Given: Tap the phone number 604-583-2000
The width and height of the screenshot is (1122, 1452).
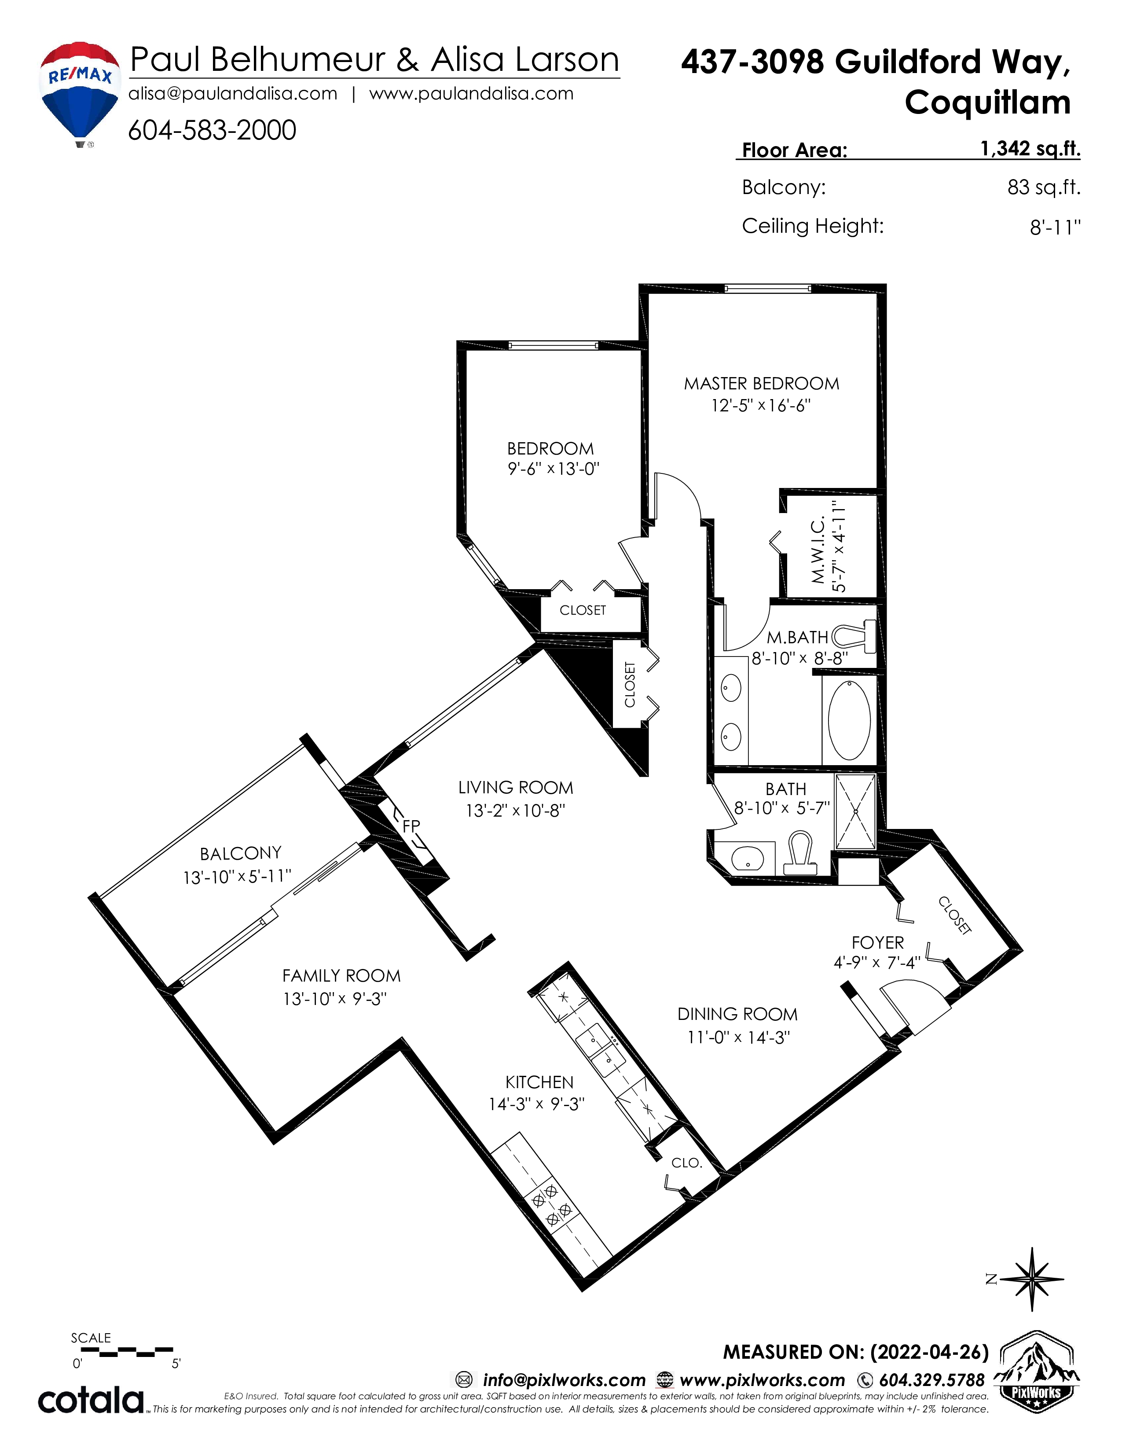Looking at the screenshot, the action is click(x=212, y=130).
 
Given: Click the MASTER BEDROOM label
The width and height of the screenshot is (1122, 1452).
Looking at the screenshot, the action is click(x=762, y=384).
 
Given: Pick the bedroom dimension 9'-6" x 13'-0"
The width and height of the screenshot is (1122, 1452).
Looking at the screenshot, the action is click(x=554, y=469).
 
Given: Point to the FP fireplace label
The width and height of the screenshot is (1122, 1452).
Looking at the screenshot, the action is click(x=411, y=826).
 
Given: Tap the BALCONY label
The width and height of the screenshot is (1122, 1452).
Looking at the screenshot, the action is click(x=241, y=853).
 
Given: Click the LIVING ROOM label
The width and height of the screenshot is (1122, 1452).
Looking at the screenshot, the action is click(x=516, y=788).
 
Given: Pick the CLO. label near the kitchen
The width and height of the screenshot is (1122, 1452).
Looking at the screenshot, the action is click(x=687, y=1163).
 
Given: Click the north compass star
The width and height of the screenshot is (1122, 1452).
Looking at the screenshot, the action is click(x=1032, y=1279).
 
